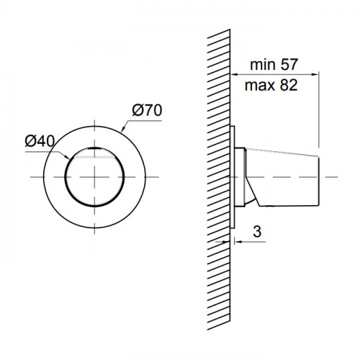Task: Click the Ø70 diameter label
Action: point(147,110)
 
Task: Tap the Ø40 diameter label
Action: point(40,141)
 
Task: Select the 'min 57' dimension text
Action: point(274,64)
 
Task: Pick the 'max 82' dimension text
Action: point(271,85)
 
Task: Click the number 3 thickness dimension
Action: point(257,232)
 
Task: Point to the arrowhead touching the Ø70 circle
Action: point(123,129)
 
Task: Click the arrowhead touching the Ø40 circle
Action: point(66,157)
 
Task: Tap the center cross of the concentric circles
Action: point(94,177)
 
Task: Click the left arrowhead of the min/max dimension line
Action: point(234,75)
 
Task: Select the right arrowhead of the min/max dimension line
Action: point(315,75)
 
